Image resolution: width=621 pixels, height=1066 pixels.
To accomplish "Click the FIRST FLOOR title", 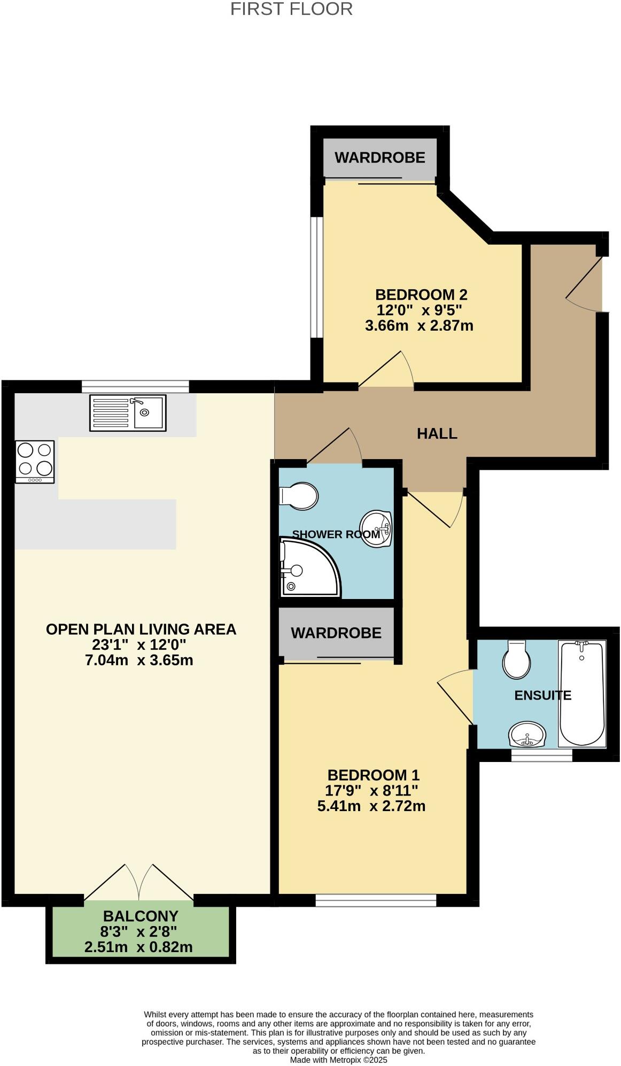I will pos(291,9).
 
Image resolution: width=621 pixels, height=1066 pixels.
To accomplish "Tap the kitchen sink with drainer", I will pos(128,413).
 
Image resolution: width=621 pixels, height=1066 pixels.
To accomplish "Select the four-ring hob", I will pos(35,461).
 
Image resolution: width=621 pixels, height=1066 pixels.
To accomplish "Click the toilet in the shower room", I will pos(300,496).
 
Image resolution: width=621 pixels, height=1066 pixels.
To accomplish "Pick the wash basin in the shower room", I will pos(377,528).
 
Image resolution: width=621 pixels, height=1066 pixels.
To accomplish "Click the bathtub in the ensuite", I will pos(582,694).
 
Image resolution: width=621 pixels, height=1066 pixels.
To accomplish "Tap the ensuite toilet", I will pos(516,660).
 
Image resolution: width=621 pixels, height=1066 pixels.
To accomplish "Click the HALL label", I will pos(437,433).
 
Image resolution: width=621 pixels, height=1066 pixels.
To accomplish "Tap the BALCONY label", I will pos(141,916).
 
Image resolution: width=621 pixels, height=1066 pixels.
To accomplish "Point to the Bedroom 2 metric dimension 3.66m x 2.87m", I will pos(419,325).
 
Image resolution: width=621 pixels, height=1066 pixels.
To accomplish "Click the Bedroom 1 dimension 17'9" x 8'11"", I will pos(371,790).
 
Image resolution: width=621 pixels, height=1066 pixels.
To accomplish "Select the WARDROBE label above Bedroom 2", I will pos(380,158).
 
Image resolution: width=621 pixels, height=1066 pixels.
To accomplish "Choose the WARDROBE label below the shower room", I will pos(336,633).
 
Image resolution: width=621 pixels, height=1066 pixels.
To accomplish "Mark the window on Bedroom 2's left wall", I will pos(317,277).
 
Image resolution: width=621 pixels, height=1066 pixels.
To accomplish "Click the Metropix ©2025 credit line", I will pos(338,1060).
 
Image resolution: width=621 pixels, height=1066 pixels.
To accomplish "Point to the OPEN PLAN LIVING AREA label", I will pos(141,629).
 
